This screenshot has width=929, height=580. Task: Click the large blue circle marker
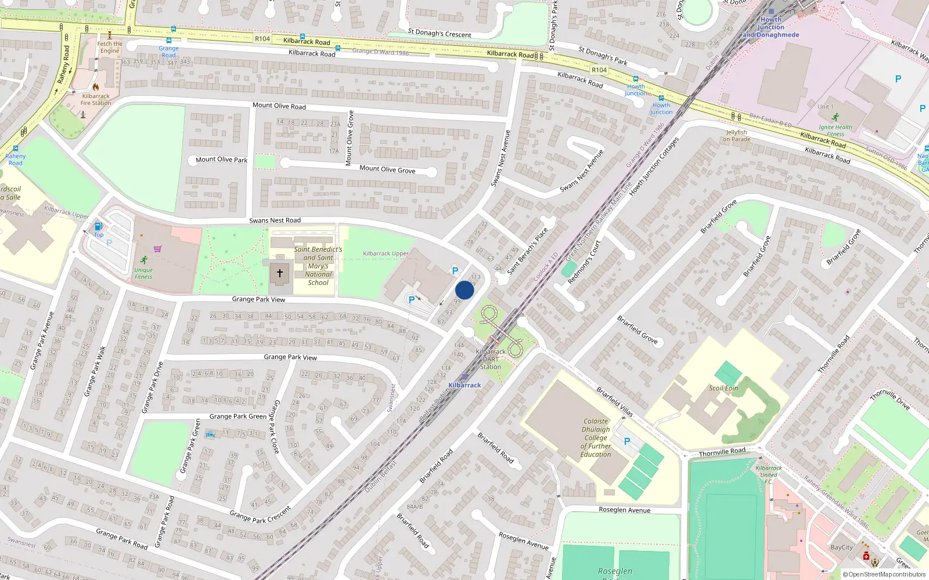tap(464, 290)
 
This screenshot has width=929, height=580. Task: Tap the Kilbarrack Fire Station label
tap(96, 100)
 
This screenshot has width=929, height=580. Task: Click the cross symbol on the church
tap(279, 273)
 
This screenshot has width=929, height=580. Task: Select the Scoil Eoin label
tap(723, 388)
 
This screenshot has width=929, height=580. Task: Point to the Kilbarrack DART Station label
tap(491, 359)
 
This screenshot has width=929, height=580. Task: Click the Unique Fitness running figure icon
tap(144, 260)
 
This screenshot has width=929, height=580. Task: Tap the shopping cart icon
tap(157, 249)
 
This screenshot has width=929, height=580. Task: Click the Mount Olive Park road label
tap(221, 159)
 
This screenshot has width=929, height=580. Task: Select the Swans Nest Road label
tap(275, 220)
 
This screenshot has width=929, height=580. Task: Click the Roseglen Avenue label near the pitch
tap(624, 510)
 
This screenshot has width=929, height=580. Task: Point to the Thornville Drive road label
tap(890, 399)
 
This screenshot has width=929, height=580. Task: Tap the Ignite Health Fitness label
tap(835, 130)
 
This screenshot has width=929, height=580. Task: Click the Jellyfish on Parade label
tap(736, 136)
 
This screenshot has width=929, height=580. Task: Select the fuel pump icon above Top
tap(98, 226)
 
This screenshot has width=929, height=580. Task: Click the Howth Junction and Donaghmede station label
tap(770, 27)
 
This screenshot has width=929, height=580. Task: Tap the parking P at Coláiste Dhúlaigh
tap(626, 441)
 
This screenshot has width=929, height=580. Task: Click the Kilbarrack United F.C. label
tap(768, 474)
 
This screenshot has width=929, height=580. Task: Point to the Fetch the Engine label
tap(110, 47)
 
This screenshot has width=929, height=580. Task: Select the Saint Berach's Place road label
tap(527, 251)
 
